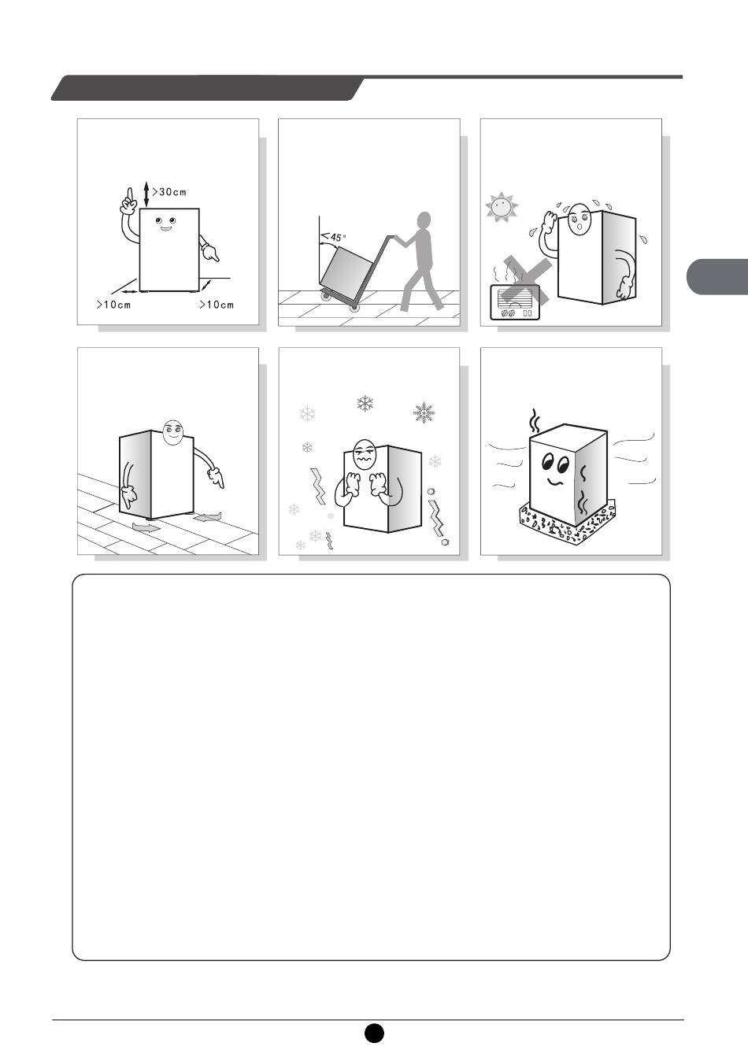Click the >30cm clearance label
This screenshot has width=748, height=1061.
coord(169,192)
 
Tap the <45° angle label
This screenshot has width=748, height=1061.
coord(334,236)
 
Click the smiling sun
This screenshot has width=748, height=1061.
coord(502,207)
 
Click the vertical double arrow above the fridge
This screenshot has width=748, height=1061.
coord(146,194)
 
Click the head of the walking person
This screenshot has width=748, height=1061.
coord(424,220)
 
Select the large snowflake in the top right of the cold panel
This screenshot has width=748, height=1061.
coord(424,412)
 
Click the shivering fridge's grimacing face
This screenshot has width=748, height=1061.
coord(363,454)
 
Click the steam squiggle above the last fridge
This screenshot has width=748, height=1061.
coord(535,420)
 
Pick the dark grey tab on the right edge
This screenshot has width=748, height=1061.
coord(717,276)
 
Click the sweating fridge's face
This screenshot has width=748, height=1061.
coord(579,218)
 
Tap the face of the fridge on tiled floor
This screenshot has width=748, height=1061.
coord(172,432)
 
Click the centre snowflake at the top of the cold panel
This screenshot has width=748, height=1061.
coord(365,404)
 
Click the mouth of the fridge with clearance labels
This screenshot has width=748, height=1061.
coord(165,229)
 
